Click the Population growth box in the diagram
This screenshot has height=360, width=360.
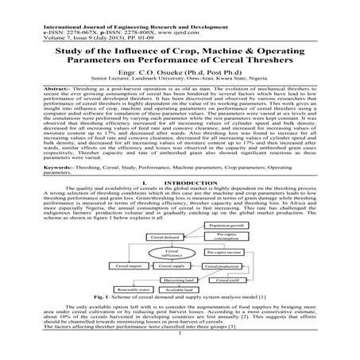(226, 226)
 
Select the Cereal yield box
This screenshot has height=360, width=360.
(225, 280)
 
